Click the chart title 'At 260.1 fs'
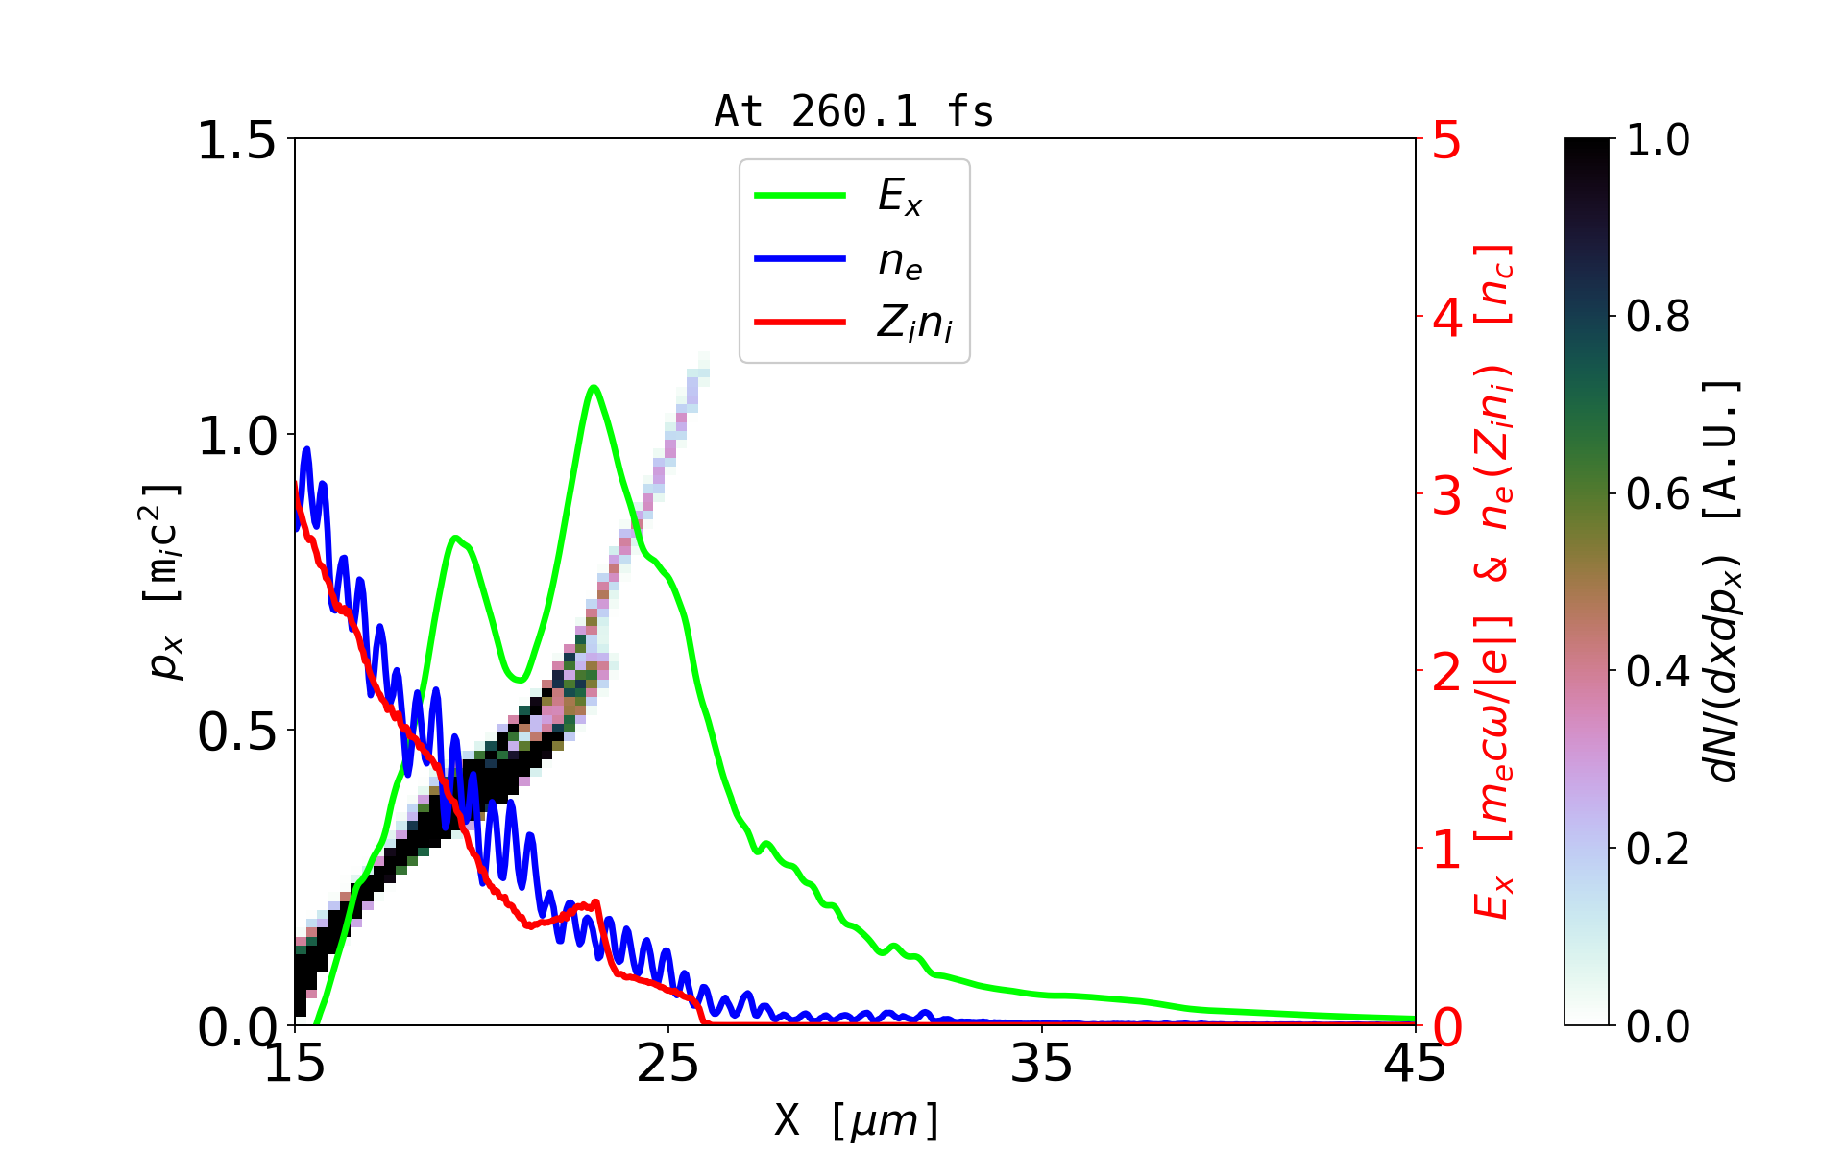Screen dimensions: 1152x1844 [x=854, y=112]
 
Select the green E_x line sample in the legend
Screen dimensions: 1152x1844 [x=800, y=196]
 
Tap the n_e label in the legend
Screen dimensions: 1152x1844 [x=900, y=261]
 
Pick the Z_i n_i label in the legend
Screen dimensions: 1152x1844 [x=914, y=324]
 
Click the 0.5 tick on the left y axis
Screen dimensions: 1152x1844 [x=235, y=732]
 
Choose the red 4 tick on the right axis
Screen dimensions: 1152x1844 [x=1446, y=318]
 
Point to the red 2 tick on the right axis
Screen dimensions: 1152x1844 [x=1446, y=672]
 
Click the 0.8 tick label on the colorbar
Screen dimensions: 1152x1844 [x=1658, y=317]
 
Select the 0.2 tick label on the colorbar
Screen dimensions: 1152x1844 [x=1658, y=849]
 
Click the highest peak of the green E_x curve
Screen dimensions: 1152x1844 [x=594, y=387]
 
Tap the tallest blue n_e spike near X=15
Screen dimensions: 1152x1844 [x=307, y=448]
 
